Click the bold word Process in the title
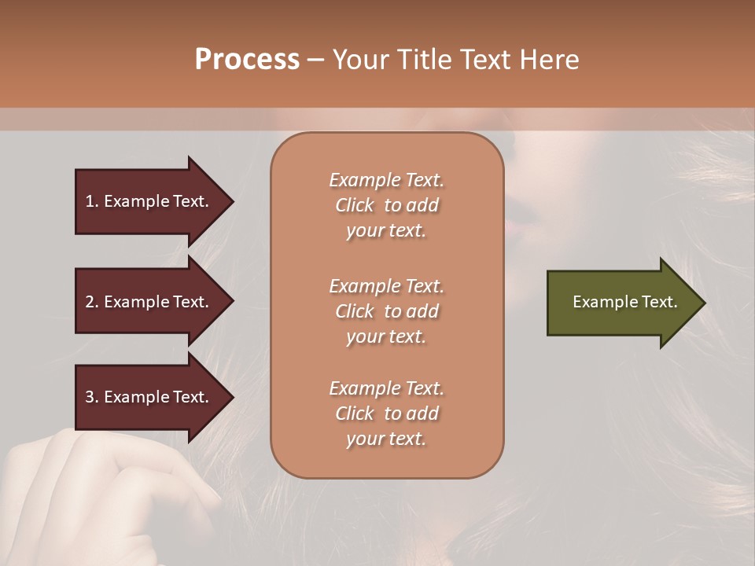pos(247,60)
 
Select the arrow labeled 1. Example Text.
pos(149,201)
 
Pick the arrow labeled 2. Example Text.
pos(149,302)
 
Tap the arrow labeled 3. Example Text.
pos(149,397)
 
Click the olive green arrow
pos(621,303)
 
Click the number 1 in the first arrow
pos(90,201)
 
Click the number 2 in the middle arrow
pos(90,302)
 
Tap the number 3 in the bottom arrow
pos(90,397)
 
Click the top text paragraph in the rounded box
pos(386,205)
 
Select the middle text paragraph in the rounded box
pos(386,311)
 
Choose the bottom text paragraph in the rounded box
pos(386,413)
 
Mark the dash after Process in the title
pos(315,61)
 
